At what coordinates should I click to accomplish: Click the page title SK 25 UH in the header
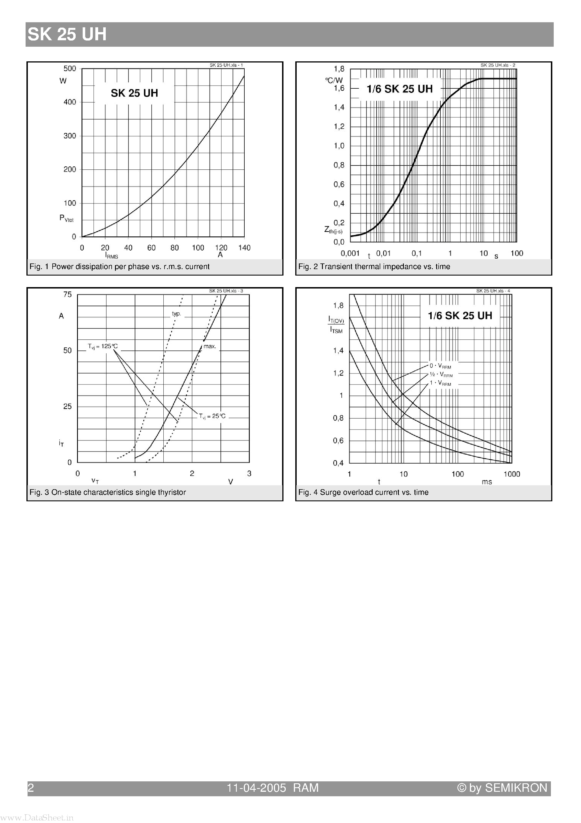(67, 34)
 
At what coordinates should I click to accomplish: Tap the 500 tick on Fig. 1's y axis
(70, 68)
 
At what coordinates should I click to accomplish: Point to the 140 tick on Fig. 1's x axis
(244, 248)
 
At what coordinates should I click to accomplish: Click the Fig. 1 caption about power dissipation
(119, 267)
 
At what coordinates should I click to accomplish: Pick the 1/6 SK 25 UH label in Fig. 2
(399, 89)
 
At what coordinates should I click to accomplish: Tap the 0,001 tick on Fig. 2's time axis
(350, 253)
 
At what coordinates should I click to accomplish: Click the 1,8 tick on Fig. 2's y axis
(339, 69)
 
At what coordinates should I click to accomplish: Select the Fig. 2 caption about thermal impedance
(374, 267)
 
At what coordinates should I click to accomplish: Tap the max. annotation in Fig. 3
(210, 346)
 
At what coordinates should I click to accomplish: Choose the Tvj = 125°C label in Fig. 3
(103, 346)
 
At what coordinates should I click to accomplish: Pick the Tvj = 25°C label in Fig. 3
(212, 416)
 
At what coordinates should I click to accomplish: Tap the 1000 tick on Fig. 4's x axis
(512, 474)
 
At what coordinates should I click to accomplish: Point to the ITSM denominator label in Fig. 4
(336, 330)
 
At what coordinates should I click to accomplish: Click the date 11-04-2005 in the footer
(256, 788)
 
